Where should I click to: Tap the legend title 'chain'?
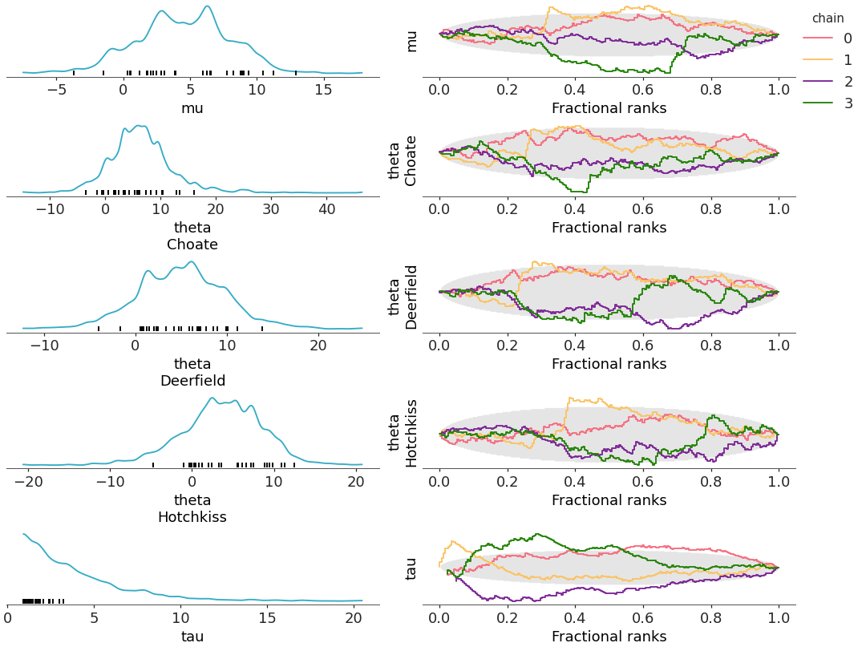tap(828, 18)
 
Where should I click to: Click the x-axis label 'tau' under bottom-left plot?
tap(192, 637)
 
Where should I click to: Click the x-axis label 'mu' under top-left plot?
tap(192, 108)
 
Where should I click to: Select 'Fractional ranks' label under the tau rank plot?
tap(609, 637)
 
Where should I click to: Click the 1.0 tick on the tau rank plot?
tap(779, 618)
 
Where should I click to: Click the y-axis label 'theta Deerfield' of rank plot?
tap(403, 297)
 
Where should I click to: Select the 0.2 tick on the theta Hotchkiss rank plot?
tap(507, 482)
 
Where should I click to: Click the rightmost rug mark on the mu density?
tap(296, 73)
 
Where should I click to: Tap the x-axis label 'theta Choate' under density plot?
tap(192, 237)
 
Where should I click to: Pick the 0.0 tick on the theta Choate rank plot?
tap(439, 209)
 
